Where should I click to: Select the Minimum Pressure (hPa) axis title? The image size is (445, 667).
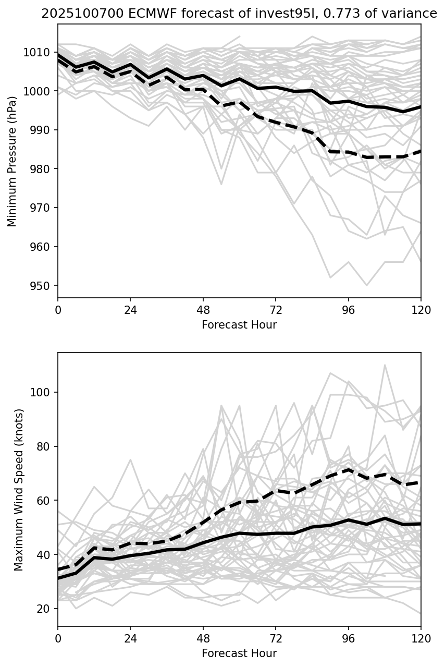[x=12, y=161]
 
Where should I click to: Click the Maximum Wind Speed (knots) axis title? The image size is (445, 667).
[x=19, y=490]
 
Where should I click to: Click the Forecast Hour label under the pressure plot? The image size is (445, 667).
[x=239, y=325]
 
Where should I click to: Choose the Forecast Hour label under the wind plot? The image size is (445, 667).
[x=239, y=653]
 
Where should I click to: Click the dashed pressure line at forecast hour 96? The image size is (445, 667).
[x=348, y=152]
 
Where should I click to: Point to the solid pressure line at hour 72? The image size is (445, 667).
[x=276, y=87]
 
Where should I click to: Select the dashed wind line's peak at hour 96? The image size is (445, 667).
[x=348, y=469]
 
